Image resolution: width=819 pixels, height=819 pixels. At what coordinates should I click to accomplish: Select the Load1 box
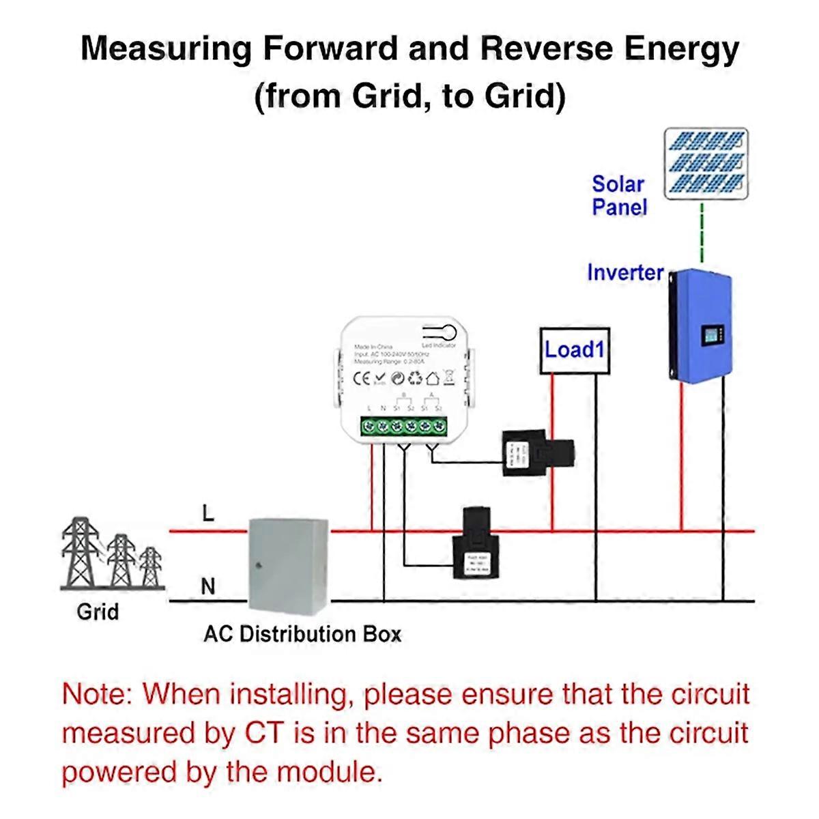pyautogui.click(x=575, y=351)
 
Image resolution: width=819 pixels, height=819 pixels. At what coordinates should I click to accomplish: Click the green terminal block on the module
pyautogui.click(x=403, y=427)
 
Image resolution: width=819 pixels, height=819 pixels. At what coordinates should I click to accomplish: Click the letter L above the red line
pyautogui.click(x=208, y=513)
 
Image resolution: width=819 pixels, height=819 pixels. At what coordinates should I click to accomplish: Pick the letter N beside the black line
pyautogui.click(x=208, y=586)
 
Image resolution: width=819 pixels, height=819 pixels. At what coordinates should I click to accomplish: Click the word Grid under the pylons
pyautogui.click(x=98, y=612)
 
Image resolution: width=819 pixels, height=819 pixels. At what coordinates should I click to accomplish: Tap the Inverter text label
pyautogui.click(x=625, y=273)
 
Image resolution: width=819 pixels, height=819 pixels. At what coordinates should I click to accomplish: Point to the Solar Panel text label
pyautogui.click(x=618, y=195)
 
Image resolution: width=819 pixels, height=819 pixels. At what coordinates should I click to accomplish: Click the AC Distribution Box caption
pyautogui.click(x=302, y=634)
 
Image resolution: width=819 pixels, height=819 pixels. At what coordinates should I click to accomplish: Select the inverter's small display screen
pyautogui.click(x=712, y=336)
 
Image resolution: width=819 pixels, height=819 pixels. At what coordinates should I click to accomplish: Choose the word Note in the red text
pyautogui.click(x=94, y=695)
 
